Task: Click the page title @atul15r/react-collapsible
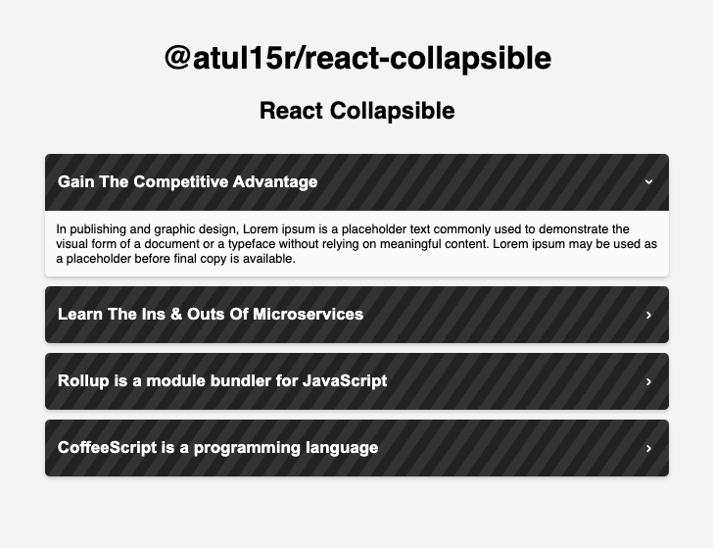(x=357, y=58)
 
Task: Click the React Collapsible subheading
(x=356, y=111)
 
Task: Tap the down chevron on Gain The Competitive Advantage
(x=648, y=181)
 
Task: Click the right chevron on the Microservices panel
(x=648, y=315)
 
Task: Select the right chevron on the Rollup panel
(x=648, y=381)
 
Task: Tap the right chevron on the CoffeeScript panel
(x=648, y=448)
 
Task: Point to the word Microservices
(x=309, y=314)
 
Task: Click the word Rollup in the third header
(x=83, y=380)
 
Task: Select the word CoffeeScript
(x=107, y=447)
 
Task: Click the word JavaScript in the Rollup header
(x=345, y=380)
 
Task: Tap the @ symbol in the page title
(x=177, y=58)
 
